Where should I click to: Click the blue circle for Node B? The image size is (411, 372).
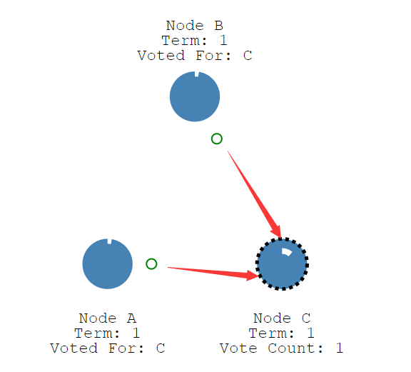[195, 96]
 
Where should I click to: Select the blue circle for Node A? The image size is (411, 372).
[108, 264]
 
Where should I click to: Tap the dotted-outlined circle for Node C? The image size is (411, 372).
[282, 264]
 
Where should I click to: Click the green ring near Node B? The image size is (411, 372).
[217, 139]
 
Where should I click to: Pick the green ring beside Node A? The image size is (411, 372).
[151, 264]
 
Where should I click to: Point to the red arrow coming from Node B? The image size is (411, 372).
[254, 195]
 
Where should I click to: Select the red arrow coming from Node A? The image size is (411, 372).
[213, 272]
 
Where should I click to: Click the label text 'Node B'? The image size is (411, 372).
[195, 26]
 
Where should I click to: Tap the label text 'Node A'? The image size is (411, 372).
[108, 318]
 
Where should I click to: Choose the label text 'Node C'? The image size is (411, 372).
[282, 318]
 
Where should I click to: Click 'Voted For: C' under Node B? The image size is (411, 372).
[195, 56]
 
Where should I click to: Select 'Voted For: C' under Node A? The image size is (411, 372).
[108, 348]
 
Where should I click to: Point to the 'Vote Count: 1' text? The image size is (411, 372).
[282, 348]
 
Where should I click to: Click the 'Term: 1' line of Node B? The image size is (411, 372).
[195, 41]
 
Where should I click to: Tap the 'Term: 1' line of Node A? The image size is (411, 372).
[108, 333]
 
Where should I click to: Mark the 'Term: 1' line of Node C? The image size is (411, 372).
[282, 333]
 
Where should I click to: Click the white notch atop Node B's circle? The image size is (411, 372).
[197, 74]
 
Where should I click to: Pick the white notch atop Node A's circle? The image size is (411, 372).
[110, 241]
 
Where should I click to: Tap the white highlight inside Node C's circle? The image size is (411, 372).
[286, 251]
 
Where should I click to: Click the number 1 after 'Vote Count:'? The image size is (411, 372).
[340, 348]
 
